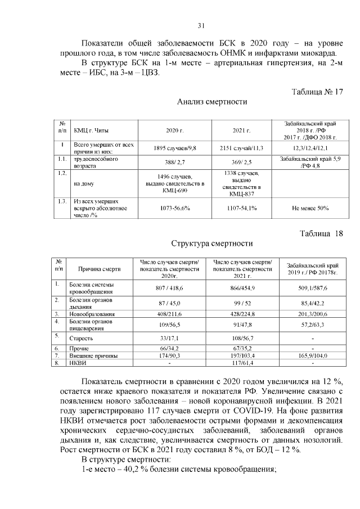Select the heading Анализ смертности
click(212, 102)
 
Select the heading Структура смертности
click(212, 244)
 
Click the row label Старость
click(81, 339)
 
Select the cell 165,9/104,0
click(310, 356)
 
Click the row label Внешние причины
click(93, 356)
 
